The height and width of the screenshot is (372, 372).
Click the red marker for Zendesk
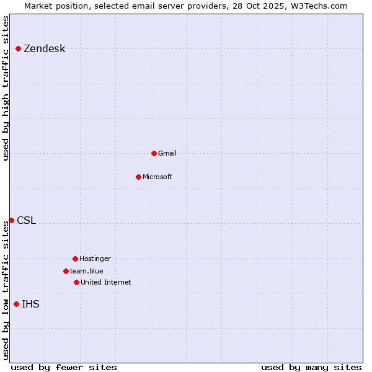pos(19,48)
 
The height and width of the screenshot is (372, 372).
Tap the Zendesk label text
pos(44,49)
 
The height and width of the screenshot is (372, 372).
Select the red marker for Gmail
pos(154,153)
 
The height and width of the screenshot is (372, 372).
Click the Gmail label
pos(167,153)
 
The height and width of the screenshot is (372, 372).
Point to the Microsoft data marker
pos(138,177)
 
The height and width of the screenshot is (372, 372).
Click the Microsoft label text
pos(157,177)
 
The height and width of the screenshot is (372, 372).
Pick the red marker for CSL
pos(11,220)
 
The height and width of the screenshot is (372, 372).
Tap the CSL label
pos(26,221)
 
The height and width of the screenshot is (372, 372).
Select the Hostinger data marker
pos(75,259)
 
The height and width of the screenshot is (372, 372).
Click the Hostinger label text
pos(95,259)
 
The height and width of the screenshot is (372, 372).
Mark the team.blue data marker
pos(66,271)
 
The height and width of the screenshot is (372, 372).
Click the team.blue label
pos(87,271)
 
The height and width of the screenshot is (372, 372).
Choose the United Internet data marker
pos(76,282)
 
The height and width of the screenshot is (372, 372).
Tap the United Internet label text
pos(106,282)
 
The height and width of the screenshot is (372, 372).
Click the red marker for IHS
pos(16,304)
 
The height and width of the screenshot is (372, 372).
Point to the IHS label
pos(30,304)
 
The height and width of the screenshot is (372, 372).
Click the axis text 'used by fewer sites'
pos(64,367)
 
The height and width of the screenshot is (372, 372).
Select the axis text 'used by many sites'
pos(311,367)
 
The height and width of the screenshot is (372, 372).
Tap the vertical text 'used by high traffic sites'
pos(6,88)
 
